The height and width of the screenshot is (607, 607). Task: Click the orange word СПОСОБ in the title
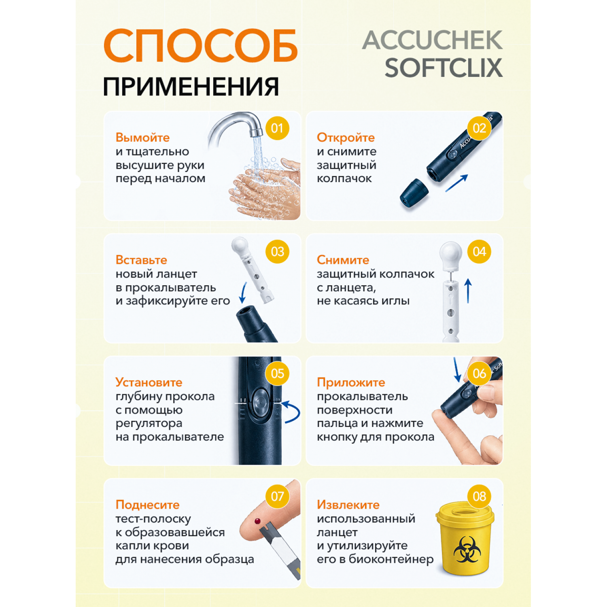click(x=201, y=45)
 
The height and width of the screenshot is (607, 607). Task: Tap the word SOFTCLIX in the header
click(x=444, y=68)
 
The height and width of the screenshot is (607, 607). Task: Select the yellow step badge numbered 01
click(x=278, y=128)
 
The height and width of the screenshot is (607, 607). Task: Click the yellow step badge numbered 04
click(x=479, y=252)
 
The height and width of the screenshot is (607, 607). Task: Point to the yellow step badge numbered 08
click(x=479, y=496)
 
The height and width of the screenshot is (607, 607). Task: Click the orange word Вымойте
click(x=142, y=138)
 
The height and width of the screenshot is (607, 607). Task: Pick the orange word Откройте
click(x=346, y=138)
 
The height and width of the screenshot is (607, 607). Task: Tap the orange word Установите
click(x=149, y=382)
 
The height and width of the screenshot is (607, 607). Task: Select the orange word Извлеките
click(x=348, y=505)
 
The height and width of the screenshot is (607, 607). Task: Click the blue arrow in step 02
click(x=457, y=183)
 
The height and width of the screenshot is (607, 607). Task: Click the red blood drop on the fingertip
click(x=257, y=521)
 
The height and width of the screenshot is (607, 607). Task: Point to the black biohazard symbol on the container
click(x=467, y=549)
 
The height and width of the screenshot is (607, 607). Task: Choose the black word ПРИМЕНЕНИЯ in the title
click(x=191, y=87)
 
